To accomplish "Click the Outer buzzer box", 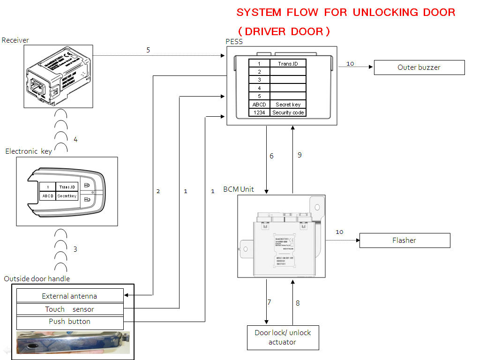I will tap(419, 67).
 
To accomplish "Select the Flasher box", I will tap(404, 240).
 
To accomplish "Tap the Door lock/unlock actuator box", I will tap(283, 337).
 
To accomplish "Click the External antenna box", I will tap(70, 296).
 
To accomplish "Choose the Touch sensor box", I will tap(70, 309).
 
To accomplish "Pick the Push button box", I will tap(70, 322).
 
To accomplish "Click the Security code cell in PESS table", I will tap(288, 112).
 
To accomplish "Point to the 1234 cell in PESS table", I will tap(259, 112).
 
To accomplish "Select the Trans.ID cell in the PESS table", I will tap(288, 63).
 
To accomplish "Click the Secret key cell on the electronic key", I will tap(67, 196).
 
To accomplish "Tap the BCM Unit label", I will tap(239, 189).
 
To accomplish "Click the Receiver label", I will tap(15, 40).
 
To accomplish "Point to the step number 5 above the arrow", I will tap(148, 50).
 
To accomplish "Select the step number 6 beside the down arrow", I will tap(271, 156).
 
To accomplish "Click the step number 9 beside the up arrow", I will tap(299, 155).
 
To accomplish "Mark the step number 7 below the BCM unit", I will tap(269, 302).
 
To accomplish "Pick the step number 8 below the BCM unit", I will tap(298, 303).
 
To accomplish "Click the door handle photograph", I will tap(73, 342).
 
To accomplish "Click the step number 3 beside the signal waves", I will tap(75, 249).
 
